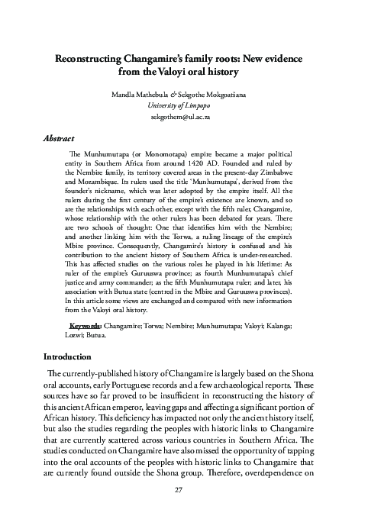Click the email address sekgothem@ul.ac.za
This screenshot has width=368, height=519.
[184, 120]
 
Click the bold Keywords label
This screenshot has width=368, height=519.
[85, 326]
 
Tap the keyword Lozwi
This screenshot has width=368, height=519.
[70, 336]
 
